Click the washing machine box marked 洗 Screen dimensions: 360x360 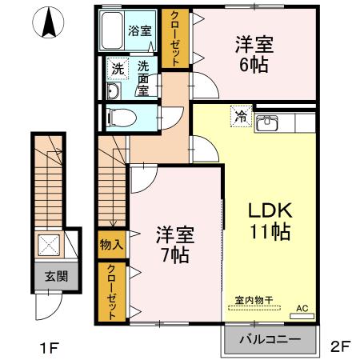118,69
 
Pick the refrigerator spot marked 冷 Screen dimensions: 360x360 240,117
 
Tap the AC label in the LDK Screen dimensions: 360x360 302,307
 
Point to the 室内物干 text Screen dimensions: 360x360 254,301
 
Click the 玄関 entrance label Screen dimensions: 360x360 55,277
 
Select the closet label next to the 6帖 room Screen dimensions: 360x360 171,38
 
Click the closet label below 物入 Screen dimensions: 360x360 110,290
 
